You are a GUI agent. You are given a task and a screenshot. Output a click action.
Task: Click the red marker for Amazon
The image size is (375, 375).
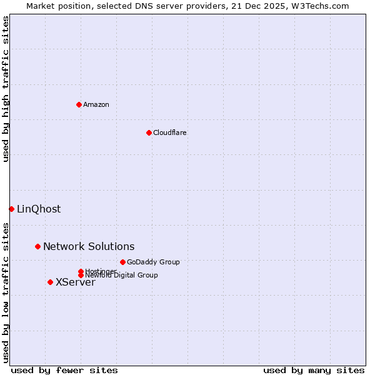point(79,104)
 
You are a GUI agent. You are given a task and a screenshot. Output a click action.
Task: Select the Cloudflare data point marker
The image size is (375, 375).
point(149,132)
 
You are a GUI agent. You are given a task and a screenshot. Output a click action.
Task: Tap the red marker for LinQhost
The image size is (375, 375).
point(11,209)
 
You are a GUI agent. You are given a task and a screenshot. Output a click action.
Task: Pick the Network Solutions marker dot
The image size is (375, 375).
point(37,246)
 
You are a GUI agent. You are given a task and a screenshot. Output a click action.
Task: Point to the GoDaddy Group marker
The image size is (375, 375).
point(122,262)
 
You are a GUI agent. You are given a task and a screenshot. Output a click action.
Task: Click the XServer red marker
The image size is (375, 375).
point(50,282)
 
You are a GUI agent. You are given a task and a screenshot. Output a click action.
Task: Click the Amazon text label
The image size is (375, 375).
point(96,104)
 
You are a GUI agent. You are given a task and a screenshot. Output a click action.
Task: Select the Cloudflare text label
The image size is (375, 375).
point(170,132)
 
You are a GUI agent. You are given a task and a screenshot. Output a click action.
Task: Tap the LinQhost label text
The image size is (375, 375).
point(39,209)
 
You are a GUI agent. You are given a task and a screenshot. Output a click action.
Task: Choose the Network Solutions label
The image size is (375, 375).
point(89,246)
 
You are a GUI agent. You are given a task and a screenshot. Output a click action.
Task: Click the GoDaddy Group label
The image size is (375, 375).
point(153,262)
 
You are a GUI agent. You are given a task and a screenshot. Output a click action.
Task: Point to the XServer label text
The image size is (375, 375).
point(76,282)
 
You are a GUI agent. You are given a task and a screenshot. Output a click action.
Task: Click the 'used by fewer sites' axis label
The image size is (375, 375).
point(64,370)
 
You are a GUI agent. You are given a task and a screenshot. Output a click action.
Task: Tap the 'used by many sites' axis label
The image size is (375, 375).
point(314,370)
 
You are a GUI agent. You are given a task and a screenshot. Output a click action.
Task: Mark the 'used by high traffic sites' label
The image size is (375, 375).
point(6,89)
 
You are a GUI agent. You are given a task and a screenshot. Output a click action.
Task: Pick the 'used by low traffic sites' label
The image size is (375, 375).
point(6,292)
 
